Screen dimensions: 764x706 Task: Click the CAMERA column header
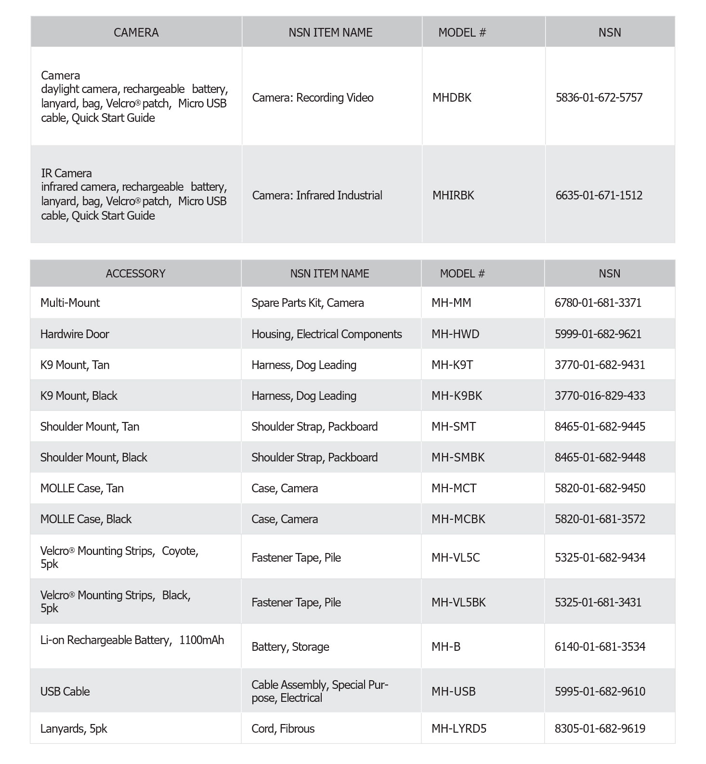136,32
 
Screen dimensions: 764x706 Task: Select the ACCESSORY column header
135,274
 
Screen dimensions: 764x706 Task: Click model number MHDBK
452,98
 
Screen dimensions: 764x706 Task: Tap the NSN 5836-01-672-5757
599,98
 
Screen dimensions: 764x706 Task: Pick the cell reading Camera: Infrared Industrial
317,196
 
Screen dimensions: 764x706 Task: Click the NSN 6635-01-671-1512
599,196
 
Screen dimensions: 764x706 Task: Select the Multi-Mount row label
70,303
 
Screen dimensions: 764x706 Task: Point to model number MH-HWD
455,334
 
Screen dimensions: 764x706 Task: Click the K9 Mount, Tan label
75,365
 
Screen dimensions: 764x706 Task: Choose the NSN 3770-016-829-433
600,396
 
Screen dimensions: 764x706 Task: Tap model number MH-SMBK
458,458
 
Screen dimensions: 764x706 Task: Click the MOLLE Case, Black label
86,519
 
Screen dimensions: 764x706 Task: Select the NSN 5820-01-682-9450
600,488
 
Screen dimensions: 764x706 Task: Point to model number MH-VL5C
456,558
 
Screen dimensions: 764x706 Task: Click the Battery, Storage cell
290,647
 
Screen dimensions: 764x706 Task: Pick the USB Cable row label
65,692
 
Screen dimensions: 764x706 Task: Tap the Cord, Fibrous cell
283,729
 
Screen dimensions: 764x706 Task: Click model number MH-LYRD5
459,729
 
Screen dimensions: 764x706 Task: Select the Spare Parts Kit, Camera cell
307,303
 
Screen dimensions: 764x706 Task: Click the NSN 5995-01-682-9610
600,692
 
